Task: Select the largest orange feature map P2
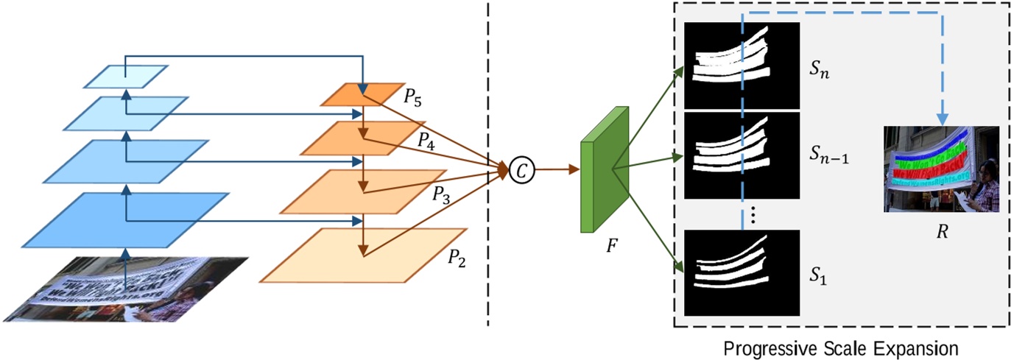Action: point(363,255)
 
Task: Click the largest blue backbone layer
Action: point(125,219)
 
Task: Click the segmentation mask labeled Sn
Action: point(741,65)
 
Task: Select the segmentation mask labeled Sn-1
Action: point(741,155)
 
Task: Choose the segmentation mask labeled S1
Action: point(741,273)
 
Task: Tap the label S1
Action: point(820,275)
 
